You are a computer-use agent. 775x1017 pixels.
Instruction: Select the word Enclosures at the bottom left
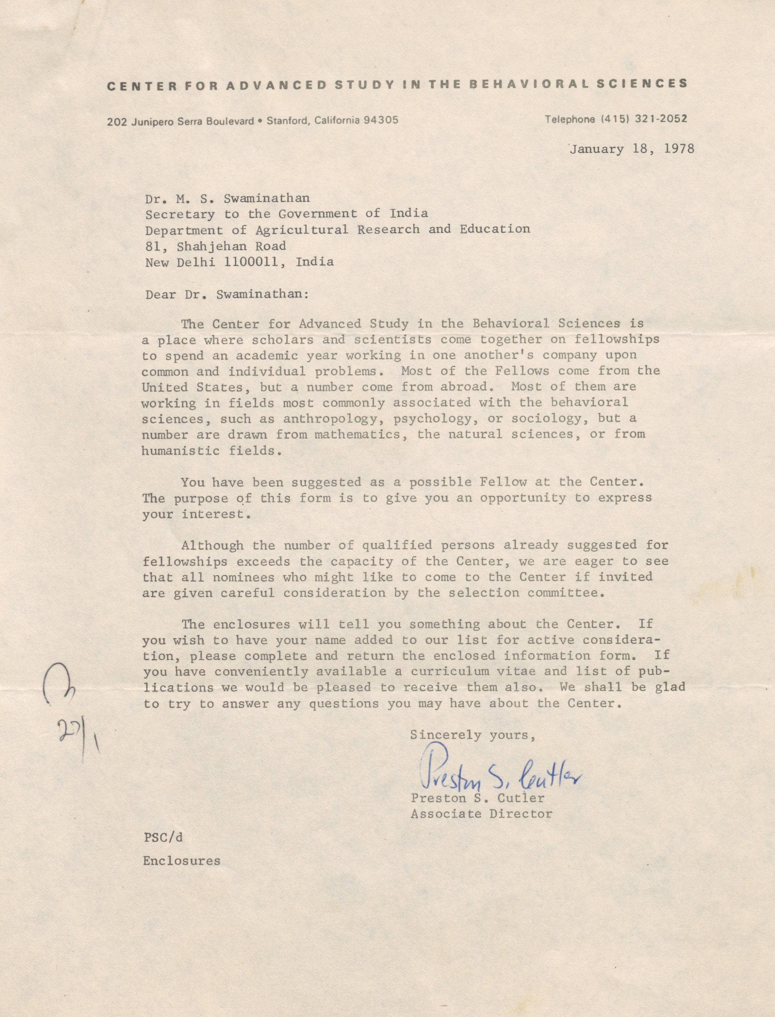[181, 861]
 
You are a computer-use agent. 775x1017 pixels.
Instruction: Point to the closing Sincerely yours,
[472, 735]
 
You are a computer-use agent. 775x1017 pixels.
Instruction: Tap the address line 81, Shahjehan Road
[216, 246]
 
